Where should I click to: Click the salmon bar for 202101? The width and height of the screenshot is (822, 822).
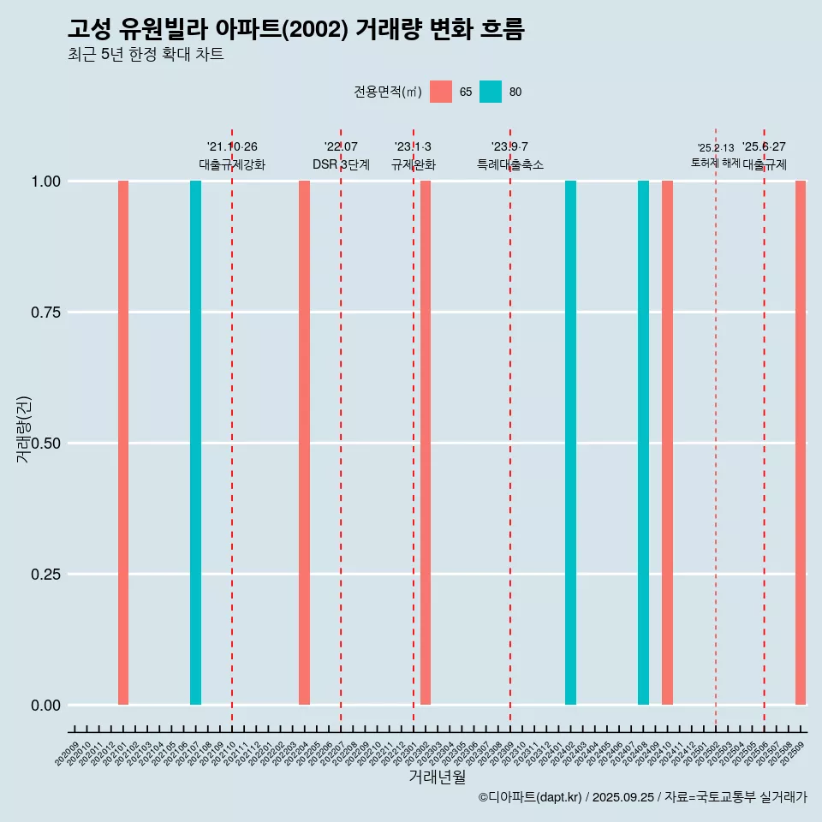click(x=123, y=443)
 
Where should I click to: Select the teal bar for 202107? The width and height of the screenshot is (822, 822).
click(x=195, y=443)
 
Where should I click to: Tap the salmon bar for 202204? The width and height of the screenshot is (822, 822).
click(x=304, y=443)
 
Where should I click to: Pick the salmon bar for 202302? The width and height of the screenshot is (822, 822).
click(x=426, y=443)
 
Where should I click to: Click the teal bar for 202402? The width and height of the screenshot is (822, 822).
click(x=570, y=443)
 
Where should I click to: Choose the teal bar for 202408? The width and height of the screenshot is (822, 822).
click(x=643, y=443)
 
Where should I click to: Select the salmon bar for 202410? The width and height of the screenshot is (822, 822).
click(x=667, y=443)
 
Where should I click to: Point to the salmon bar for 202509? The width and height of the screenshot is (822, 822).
click(x=801, y=443)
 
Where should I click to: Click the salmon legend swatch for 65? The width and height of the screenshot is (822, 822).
click(x=441, y=92)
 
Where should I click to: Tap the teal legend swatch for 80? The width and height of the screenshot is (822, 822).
click(x=491, y=92)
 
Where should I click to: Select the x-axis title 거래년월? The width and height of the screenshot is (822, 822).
click(x=438, y=777)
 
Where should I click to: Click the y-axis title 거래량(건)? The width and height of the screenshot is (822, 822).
click(x=23, y=428)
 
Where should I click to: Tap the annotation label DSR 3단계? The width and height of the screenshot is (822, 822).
click(x=341, y=164)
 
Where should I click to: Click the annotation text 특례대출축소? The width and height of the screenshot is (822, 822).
click(x=510, y=164)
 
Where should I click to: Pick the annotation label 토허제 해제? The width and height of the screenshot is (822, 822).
click(x=715, y=163)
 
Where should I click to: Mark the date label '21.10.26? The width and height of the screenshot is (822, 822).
click(x=232, y=146)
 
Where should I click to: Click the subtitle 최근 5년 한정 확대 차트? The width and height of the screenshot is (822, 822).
click(x=146, y=54)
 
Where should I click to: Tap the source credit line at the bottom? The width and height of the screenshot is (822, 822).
click(x=642, y=797)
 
